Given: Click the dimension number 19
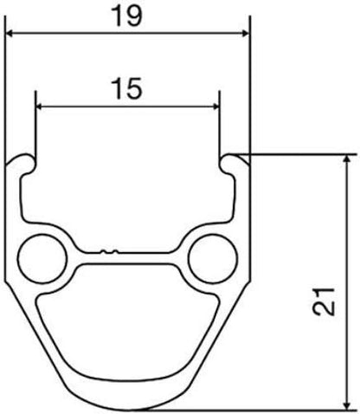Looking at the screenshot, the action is [x=127, y=16].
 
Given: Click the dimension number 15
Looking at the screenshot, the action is [x=127, y=88].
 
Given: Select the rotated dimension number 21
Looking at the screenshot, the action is [x=324, y=301].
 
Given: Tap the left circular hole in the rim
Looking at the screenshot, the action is [x=42, y=258].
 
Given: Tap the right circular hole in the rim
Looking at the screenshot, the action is [x=213, y=258].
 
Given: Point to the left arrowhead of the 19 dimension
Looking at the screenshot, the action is [x=10, y=34].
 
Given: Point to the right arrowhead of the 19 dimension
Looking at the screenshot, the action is [x=245, y=34].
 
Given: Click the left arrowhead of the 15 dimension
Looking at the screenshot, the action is [x=40, y=107].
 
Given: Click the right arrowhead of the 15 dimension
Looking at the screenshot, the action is [x=215, y=107].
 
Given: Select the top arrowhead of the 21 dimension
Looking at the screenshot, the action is [x=349, y=159].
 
